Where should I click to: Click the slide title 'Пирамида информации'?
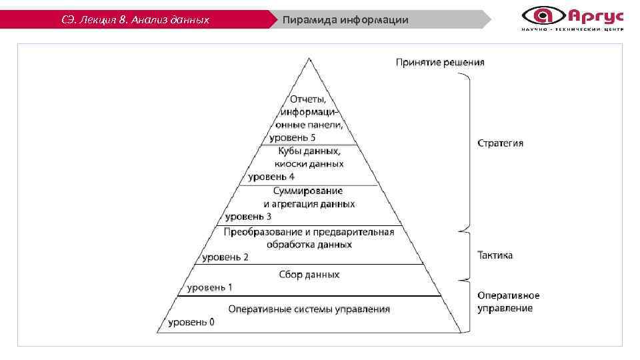[345, 20]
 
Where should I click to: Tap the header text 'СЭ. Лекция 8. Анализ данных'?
[135, 20]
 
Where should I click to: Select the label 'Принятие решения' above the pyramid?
[440, 63]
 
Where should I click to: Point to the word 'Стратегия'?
[500, 143]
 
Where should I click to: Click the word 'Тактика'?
[495, 255]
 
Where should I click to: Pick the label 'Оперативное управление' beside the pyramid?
[509, 302]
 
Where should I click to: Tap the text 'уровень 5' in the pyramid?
[292, 138]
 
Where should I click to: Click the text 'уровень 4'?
[271, 177]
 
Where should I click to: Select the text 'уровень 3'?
[248, 217]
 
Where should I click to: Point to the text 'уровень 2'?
[225, 257]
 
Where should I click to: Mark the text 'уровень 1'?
[209, 287]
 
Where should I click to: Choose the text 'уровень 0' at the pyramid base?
[191, 323]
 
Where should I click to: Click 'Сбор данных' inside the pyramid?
[309, 274]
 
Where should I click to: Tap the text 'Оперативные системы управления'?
[309, 309]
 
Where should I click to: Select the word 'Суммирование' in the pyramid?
[309, 191]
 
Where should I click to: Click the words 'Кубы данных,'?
[309, 151]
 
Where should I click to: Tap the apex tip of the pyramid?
[309, 59]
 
